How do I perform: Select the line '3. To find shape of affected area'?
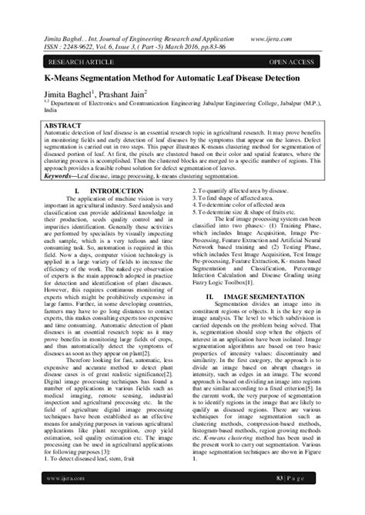(230, 198)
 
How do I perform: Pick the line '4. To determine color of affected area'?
(239, 206)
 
